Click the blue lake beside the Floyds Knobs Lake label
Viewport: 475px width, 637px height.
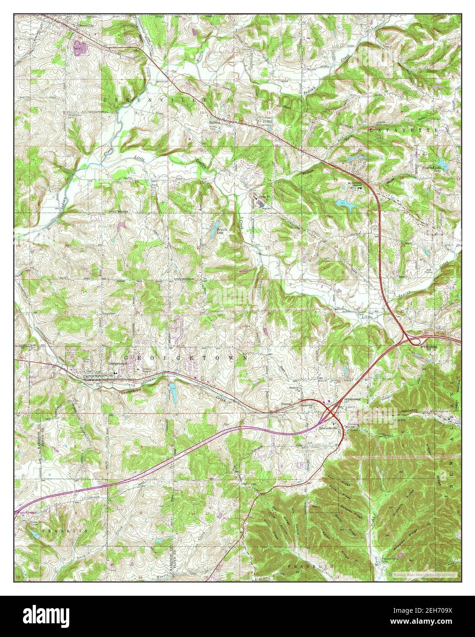(441, 162)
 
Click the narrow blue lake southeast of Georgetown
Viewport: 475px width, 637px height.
(173, 391)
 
